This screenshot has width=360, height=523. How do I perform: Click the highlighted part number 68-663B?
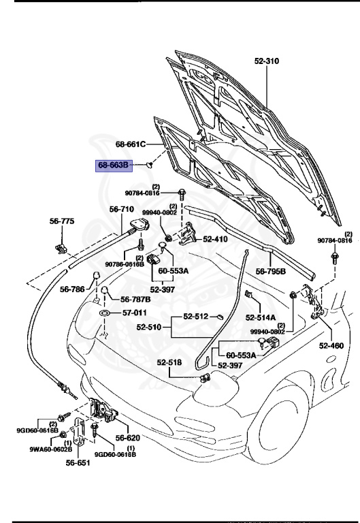pos(114,165)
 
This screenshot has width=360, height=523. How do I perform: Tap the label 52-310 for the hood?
pos(267,61)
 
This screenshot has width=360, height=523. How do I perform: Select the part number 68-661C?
pos(131,144)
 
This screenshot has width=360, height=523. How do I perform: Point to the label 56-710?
pos(122,209)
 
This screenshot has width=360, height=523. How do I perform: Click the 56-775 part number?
pos(62,221)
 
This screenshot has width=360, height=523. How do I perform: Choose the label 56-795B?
pos(271,271)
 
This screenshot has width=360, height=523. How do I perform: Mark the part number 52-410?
pos(215,239)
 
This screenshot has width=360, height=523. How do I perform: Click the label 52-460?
pos(331,345)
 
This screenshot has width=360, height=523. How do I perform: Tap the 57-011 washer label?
pos(135,313)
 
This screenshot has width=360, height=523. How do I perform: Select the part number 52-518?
pos(169,362)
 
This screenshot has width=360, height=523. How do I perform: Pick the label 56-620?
pos(128,438)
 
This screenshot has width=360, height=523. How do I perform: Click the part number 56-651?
pos(78,462)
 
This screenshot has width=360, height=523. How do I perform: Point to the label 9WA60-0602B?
pos(50,449)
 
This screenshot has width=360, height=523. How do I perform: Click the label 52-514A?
pos(261,317)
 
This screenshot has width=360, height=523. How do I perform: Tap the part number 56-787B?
pos(135,299)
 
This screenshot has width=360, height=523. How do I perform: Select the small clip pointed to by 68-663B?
pos(149,164)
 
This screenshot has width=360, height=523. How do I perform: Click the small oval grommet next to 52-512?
pos(219,316)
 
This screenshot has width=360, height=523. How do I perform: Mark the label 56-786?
pos(72,289)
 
